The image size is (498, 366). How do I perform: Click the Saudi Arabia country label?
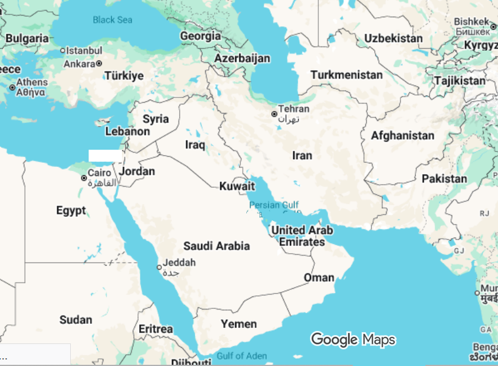tap(217, 246)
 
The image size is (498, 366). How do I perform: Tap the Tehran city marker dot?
tap(274, 113)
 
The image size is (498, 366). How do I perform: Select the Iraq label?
tap(195, 144)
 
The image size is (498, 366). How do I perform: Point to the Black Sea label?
tap(112, 20)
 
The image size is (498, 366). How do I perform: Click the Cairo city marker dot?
tap(84, 178)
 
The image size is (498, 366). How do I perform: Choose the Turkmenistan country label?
tap(346, 75)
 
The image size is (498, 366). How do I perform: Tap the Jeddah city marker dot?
tap(159, 267)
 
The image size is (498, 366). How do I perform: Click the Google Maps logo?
tap(353, 339)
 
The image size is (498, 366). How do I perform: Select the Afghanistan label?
tap(403, 135)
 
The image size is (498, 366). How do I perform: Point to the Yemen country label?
tap(239, 324)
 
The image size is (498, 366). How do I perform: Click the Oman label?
tap(319, 277)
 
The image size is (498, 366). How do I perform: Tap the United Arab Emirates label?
tap(302, 236)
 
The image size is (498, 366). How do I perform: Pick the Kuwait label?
tap(237, 186)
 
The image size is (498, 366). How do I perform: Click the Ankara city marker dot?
tap(99, 64)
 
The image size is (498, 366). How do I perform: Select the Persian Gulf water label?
tap(274, 206)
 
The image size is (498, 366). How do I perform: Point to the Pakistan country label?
tap(444, 178)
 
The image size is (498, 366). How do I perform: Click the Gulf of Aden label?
tap(242, 356)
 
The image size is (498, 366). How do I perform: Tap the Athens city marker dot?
tap(12, 87)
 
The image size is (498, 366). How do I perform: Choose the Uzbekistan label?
tap(393, 39)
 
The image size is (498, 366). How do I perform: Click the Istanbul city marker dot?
tap(62, 51)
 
